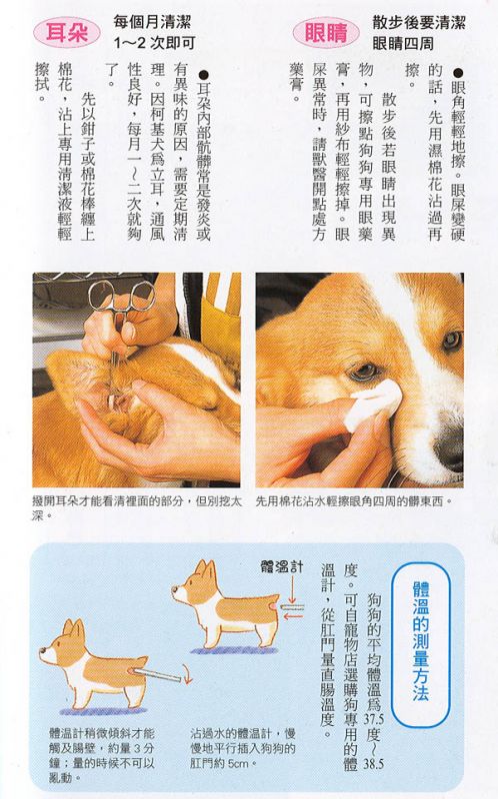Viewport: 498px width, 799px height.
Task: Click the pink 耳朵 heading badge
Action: pyautogui.click(x=67, y=32)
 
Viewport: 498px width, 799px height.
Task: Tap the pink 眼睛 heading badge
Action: pyautogui.click(x=326, y=33)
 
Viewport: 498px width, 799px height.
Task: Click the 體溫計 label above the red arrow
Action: pyautogui.click(x=282, y=566)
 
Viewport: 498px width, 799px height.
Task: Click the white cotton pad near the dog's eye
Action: pyautogui.click(x=372, y=404)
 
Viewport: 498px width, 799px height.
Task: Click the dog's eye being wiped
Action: pyautogui.click(x=365, y=371)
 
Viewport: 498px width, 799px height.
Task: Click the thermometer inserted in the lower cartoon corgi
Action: pyautogui.click(x=156, y=675)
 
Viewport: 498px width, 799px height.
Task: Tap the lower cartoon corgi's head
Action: pyautogui.click(x=63, y=643)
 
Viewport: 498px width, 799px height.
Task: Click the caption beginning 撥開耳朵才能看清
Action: pyautogui.click(x=137, y=508)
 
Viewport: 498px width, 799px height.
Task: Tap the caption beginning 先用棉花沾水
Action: pyautogui.click(x=354, y=501)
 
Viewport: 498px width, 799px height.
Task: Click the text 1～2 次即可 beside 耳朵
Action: pyautogui.click(x=154, y=43)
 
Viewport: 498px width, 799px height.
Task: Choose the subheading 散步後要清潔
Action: pyautogui.click(x=419, y=22)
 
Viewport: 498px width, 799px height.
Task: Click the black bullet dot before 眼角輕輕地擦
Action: pyautogui.click(x=457, y=74)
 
